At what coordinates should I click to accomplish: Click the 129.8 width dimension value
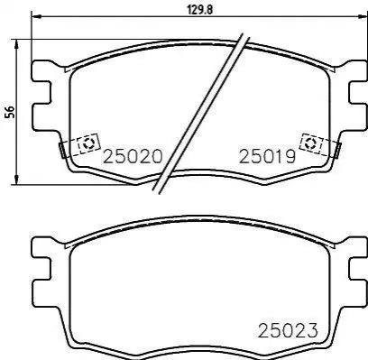pyautogui.click(x=200, y=10)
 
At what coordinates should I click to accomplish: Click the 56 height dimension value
pyautogui.click(x=10, y=112)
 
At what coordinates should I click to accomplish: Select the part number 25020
pyautogui.click(x=133, y=157)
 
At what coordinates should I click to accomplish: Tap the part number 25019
pyautogui.click(x=267, y=157)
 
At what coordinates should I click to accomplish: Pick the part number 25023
pyautogui.click(x=288, y=330)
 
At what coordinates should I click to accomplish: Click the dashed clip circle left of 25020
pyautogui.click(x=88, y=144)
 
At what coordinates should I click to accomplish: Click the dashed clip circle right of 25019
pyautogui.click(x=309, y=143)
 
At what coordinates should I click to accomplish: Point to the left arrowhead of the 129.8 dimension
pyautogui.click(x=36, y=16)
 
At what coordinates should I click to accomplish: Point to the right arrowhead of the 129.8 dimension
pyautogui.click(x=363, y=16)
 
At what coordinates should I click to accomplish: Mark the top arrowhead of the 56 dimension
pyautogui.click(x=17, y=44)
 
